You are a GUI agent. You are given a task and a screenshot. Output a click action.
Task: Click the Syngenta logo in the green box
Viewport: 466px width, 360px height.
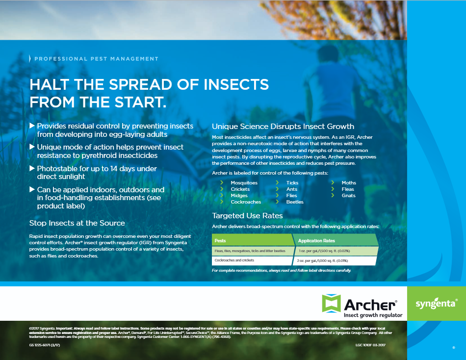click(436, 304)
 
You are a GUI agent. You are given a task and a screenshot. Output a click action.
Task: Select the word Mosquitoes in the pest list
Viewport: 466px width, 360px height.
click(244, 182)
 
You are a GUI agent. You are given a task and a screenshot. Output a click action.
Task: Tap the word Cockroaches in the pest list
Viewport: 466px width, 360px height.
click(246, 202)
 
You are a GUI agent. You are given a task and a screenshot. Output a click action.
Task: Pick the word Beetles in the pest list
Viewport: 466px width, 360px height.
click(295, 202)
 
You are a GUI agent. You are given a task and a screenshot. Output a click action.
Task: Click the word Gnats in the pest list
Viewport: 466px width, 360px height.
click(349, 195)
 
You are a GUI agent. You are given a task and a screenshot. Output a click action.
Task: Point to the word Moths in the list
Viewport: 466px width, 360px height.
click(349, 182)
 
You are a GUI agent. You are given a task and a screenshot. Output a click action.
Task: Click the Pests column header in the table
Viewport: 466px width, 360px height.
click(220, 241)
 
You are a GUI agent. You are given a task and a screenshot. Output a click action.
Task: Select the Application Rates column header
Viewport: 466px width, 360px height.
click(316, 241)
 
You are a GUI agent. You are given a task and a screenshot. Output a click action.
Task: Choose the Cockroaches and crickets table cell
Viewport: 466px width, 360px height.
click(235, 260)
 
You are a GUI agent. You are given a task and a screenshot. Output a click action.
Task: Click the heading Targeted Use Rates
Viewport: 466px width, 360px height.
click(247, 215)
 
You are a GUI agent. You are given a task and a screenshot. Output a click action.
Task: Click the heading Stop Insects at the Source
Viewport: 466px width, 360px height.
click(77, 223)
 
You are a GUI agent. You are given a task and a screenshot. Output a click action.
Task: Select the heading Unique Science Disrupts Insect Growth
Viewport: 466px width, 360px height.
click(283, 126)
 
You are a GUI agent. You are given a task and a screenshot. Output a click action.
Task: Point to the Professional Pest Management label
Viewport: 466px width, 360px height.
click(96, 59)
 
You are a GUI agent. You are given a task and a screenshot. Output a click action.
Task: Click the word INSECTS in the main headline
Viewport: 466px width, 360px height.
click(230, 84)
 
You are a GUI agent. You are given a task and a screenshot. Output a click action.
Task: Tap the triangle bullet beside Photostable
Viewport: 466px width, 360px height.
click(32, 168)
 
